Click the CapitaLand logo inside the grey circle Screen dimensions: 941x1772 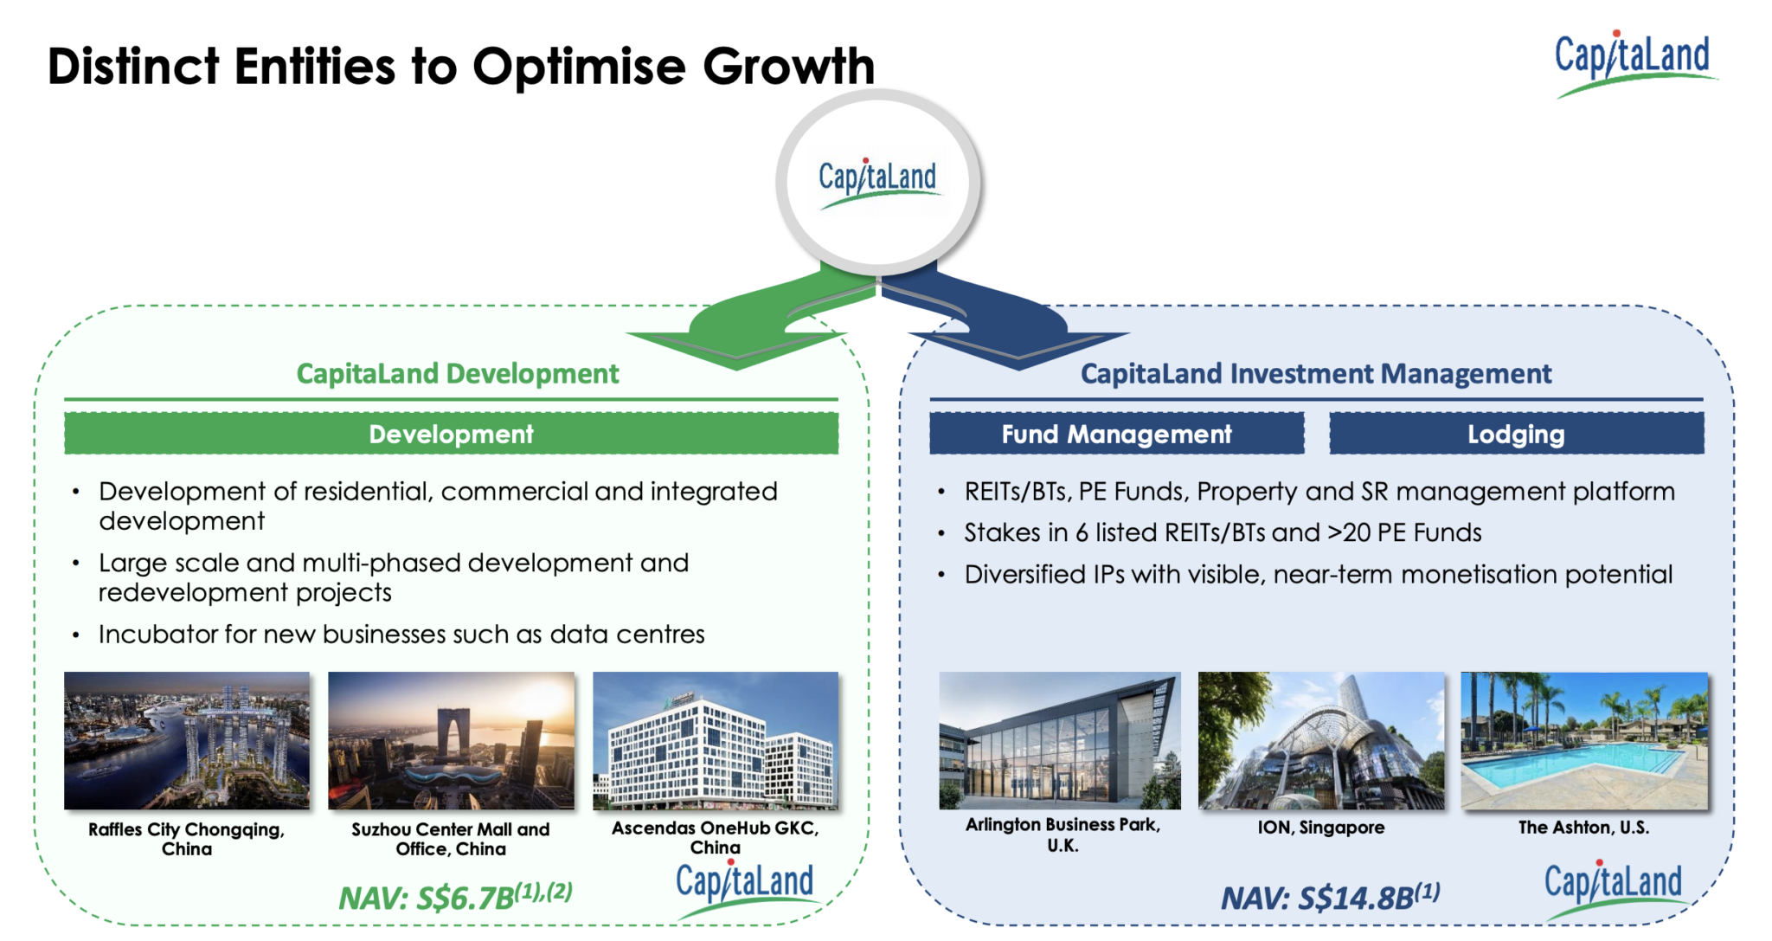coord(877,180)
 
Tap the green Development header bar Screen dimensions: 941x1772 coord(451,434)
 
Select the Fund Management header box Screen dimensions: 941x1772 coord(1116,434)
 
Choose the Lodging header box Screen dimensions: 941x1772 coord(1516,434)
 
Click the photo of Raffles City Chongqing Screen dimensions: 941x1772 coord(187,741)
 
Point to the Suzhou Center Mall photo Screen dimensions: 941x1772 coord(451,741)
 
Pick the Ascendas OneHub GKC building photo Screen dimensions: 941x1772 coord(716,741)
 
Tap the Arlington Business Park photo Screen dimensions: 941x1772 coord(1060,741)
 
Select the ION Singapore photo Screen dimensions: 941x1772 coord(1321,741)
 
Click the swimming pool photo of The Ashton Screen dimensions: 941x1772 coord(1584,741)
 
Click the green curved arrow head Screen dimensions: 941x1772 coord(735,346)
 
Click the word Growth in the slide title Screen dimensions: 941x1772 coord(788,67)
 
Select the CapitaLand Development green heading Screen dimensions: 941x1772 coord(458,374)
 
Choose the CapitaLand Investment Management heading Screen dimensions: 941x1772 coord(1316,374)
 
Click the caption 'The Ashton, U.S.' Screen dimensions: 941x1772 coord(1583,828)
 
